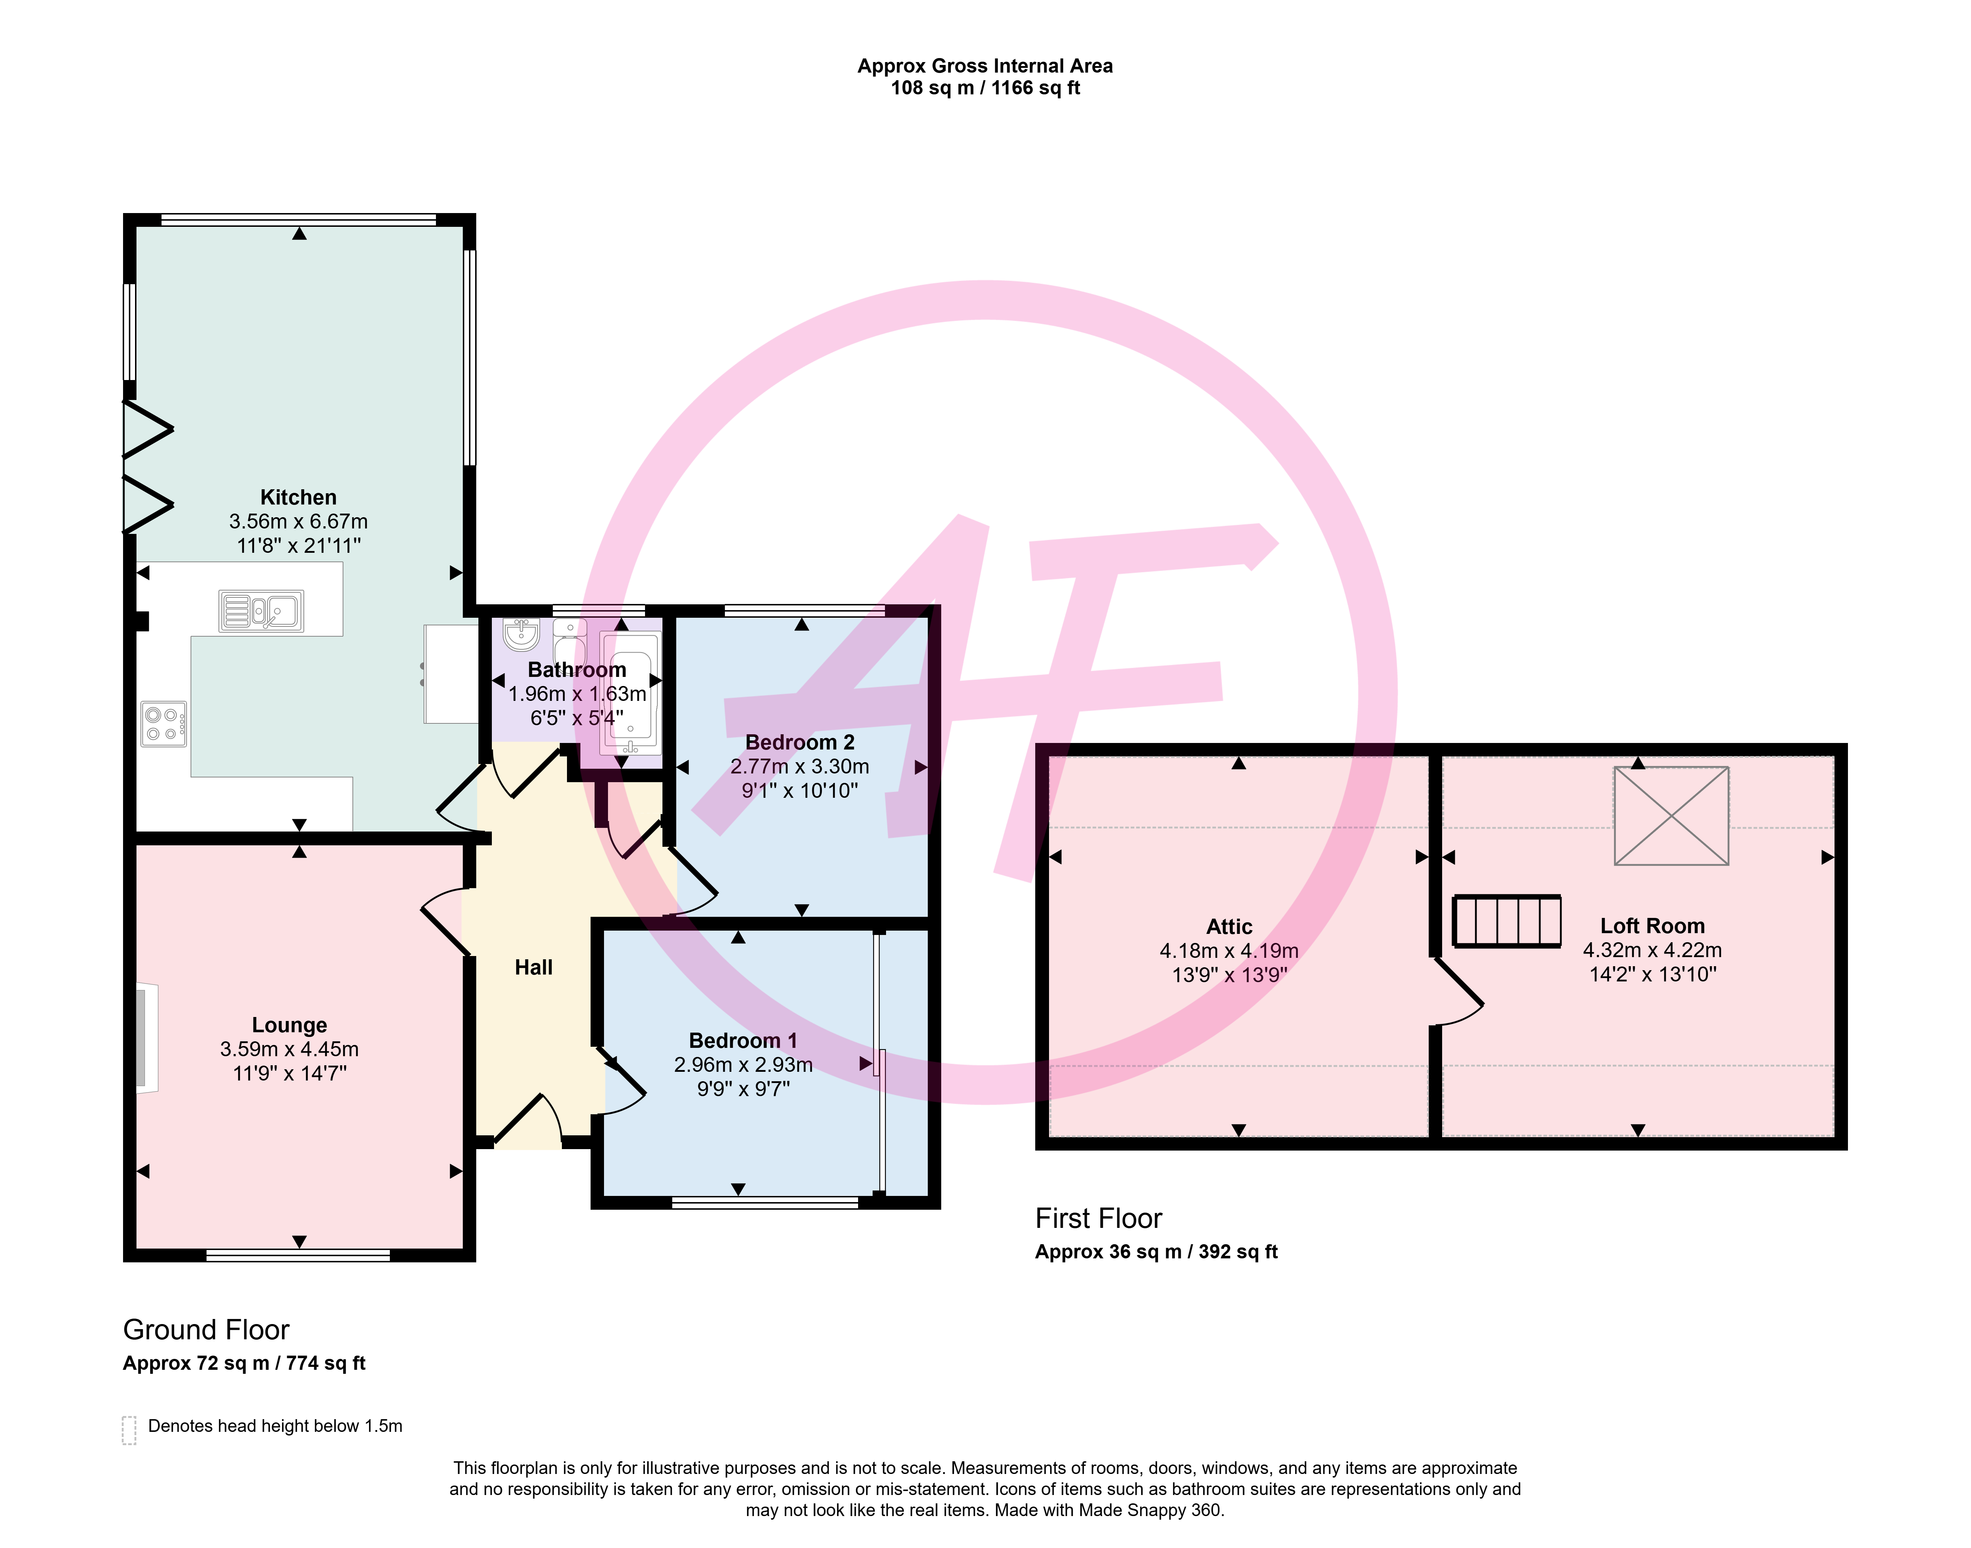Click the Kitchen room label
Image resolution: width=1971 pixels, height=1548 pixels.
tap(298, 498)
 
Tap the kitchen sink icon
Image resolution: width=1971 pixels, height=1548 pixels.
tap(261, 611)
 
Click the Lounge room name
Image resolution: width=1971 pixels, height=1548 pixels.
tap(289, 1025)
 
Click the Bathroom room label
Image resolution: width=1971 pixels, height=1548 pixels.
tap(577, 670)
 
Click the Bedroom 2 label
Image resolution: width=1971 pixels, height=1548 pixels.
tap(799, 742)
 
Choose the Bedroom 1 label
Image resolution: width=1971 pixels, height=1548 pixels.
tap(743, 1041)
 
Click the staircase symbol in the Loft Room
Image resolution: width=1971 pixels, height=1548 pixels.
tap(1507, 921)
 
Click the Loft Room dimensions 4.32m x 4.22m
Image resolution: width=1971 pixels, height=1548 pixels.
tap(1652, 950)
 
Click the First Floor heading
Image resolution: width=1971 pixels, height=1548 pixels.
tap(1098, 1218)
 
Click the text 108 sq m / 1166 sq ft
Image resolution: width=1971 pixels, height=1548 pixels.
tap(985, 88)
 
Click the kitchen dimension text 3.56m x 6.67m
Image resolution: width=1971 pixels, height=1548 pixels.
tap(298, 521)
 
